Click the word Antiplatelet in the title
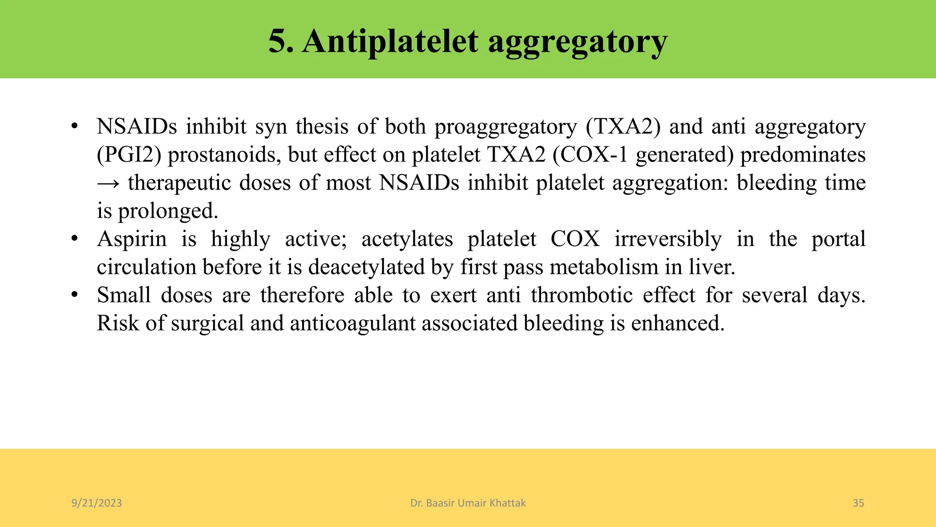coord(390,41)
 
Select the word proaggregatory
coord(505,127)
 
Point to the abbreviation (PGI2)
coord(129,155)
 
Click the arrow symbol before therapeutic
coord(108,183)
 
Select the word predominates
coord(803,155)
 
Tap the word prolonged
coord(168,211)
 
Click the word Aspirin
coord(132,239)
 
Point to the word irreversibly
coord(668,239)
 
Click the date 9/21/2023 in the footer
coord(96,503)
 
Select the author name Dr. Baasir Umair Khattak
coord(468,503)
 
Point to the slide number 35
coord(858,503)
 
